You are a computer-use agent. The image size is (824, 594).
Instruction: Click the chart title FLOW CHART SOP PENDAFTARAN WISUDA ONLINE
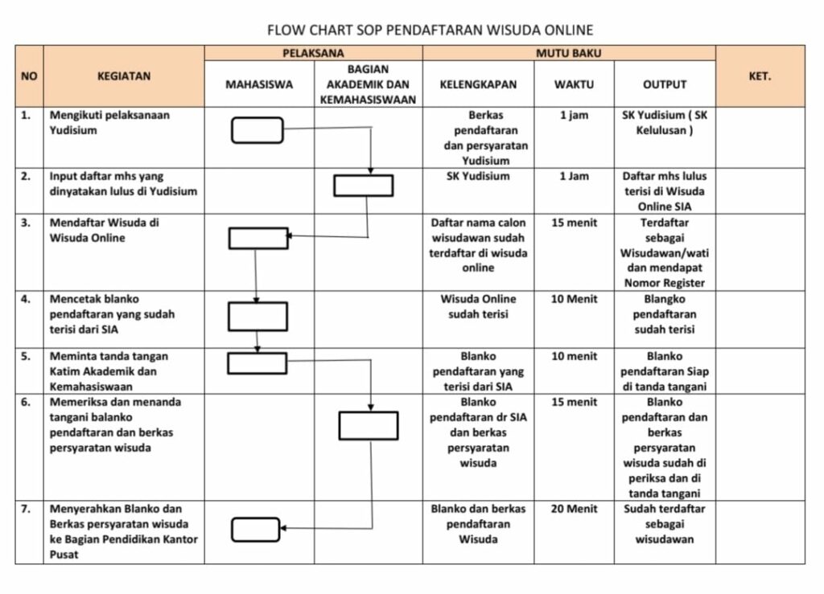430,31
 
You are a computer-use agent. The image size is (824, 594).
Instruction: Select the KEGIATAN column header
123,76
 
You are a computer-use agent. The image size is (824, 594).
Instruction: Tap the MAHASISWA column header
259,84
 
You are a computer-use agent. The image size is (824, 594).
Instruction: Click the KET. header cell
760,76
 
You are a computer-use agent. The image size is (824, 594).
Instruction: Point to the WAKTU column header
574,84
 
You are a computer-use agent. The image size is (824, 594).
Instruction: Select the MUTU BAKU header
568,53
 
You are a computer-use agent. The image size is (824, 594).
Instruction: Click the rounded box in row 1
257,130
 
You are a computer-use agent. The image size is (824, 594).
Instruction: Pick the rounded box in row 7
256,530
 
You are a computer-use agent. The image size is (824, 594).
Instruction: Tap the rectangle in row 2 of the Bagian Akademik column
364,186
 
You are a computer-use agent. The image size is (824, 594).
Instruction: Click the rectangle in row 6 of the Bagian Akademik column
369,425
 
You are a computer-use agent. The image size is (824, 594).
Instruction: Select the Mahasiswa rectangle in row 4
257,317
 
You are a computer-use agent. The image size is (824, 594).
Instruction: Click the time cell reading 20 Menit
574,509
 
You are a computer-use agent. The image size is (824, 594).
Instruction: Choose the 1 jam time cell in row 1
574,116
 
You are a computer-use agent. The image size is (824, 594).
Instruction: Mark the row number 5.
27,356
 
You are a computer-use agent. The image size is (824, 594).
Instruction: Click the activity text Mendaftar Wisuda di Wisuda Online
105,231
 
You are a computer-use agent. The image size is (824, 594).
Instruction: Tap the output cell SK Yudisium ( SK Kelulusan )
665,123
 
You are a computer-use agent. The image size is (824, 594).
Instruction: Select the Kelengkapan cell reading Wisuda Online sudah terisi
478,306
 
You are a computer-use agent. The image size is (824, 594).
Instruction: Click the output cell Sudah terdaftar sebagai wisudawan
665,524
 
